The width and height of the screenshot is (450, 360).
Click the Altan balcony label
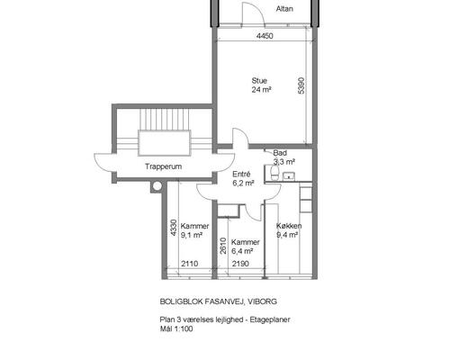pos(284,9)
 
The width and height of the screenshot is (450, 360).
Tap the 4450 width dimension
pos(265,36)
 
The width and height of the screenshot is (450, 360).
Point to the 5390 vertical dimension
pos(301,85)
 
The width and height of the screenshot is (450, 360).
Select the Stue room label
pos(259,81)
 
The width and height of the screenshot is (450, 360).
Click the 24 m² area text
pos(262,90)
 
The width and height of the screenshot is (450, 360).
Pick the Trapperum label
pos(164,166)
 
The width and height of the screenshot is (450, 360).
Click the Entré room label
pos(241,174)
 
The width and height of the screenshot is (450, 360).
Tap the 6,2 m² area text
pos(243,183)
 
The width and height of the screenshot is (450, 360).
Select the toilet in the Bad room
pos(274,173)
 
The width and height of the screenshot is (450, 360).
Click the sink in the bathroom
pos(289,176)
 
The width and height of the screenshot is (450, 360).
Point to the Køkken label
pos(289,226)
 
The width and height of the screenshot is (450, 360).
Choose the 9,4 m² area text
pos(287,235)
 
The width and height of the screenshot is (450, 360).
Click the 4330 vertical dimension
pos(174,228)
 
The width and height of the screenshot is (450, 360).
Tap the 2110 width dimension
pos(190,264)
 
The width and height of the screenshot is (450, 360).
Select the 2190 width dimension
pos(240,264)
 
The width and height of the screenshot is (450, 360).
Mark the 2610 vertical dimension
pos(223,246)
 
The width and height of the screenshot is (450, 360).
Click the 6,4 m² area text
pos(242,251)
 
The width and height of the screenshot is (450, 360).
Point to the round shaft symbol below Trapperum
pos(157,186)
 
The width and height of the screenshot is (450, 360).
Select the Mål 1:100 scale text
pos(176,328)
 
